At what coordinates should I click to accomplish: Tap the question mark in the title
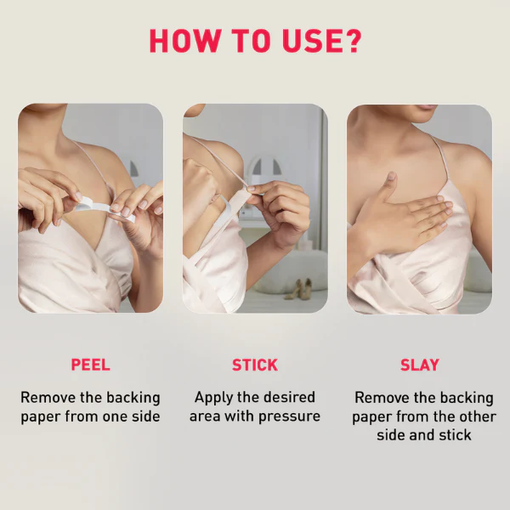(x=353, y=41)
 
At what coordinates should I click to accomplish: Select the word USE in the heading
(x=312, y=41)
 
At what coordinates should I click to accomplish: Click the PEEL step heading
(x=91, y=365)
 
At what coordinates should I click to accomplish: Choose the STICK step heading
(x=255, y=365)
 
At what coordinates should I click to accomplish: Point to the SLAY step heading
(x=420, y=365)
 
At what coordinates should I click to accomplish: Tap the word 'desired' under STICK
(x=289, y=397)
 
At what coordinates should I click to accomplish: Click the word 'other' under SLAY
(x=476, y=416)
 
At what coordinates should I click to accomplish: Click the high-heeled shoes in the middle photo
(x=299, y=289)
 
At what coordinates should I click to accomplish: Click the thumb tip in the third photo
(x=392, y=176)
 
